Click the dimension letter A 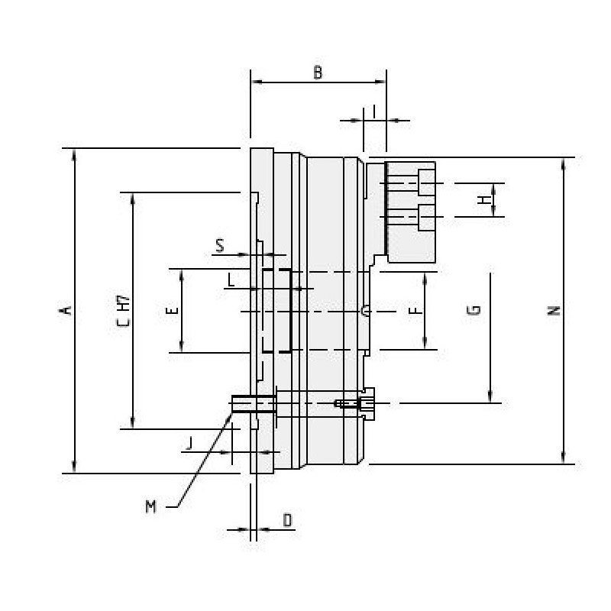click(66, 309)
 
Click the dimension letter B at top click(318, 73)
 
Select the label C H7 click(123, 312)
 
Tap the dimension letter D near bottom click(287, 520)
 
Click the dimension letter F click(414, 311)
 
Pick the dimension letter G click(474, 310)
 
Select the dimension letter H click(483, 200)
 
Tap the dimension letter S click(220, 246)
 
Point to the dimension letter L click(231, 280)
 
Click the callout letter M click(151, 506)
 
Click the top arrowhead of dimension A click(74, 154)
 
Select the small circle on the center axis click(366, 311)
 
